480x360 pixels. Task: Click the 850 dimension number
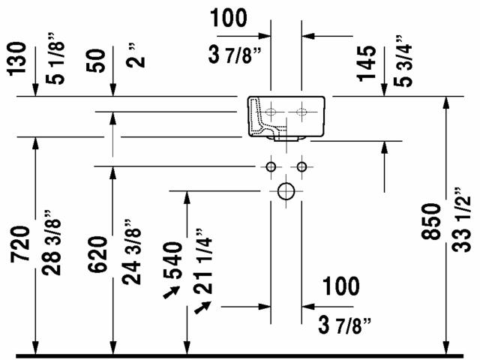(432, 221)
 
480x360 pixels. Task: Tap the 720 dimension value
(20, 244)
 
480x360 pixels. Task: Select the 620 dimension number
(98, 254)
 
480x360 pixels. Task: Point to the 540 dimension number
(172, 260)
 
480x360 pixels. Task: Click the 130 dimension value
(16, 58)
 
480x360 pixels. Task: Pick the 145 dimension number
(367, 63)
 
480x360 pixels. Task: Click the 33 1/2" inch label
(462, 219)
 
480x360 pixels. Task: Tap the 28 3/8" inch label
(52, 242)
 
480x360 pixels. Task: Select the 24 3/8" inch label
(132, 252)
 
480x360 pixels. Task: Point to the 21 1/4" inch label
(202, 261)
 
